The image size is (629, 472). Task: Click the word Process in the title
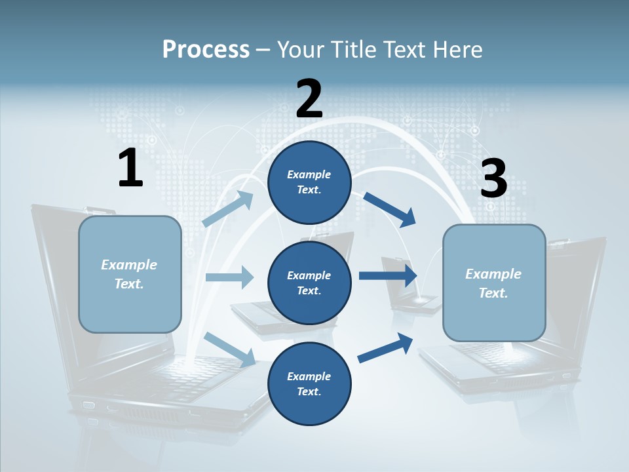pos(206,50)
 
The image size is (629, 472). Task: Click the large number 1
pos(130,168)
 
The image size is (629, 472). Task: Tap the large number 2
pos(309,99)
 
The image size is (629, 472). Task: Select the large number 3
pos(493,178)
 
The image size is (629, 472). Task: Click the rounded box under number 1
pos(130,274)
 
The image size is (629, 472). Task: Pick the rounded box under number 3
pos(494,283)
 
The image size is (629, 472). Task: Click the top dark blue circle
pos(309,182)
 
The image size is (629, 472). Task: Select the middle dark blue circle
pos(309,283)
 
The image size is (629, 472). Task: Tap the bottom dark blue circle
pos(309,384)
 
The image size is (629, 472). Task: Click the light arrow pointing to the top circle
pos(229,208)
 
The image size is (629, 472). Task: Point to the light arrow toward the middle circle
pos(229,277)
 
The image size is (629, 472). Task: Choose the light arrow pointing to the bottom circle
pos(230,349)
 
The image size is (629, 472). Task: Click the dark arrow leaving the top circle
pos(390,209)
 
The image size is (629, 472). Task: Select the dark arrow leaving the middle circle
pos(388,275)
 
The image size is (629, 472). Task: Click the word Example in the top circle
pos(309,174)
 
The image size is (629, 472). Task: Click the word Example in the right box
pos(493,274)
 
